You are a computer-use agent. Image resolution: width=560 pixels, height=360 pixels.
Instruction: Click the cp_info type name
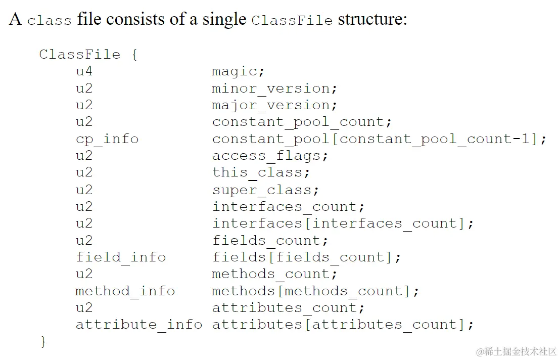click(x=107, y=139)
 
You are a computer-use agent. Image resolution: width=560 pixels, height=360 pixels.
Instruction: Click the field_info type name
click(x=121, y=257)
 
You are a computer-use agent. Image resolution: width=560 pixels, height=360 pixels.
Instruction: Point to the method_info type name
click(x=125, y=291)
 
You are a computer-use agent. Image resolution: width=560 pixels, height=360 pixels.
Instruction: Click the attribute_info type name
click(x=139, y=324)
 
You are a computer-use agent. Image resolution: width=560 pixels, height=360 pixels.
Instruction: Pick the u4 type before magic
click(x=84, y=72)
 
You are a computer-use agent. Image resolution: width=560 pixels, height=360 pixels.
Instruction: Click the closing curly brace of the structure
click(x=43, y=341)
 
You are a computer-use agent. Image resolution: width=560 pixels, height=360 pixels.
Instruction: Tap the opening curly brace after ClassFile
click(x=134, y=55)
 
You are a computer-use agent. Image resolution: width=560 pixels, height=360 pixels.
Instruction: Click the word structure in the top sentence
click(x=372, y=19)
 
